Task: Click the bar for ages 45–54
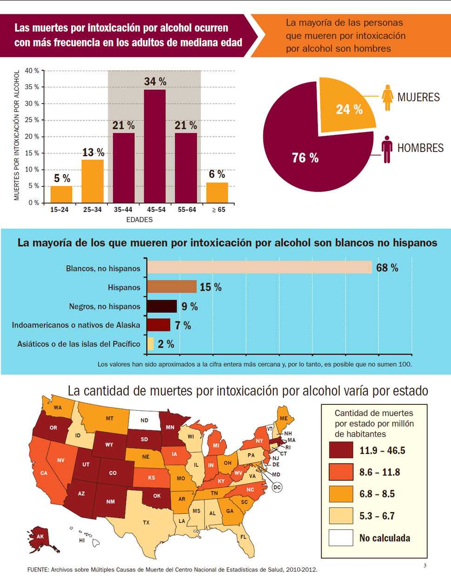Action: [x=155, y=146]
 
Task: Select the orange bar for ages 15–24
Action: [x=61, y=194]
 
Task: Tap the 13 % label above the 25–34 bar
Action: [x=93, y=152]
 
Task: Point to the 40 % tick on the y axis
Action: [x=32, y=71]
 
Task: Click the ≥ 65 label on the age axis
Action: [x=218, y=210]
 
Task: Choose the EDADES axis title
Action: [x=139, y=219]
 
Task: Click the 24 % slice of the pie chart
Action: [x=346, y=107]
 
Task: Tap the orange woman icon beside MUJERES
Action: [x=387, y=98]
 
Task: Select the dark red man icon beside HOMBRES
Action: [x=387, y=149]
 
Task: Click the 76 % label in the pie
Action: [x=305, y=158]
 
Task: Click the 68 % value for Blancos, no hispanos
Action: [x=387, y=268]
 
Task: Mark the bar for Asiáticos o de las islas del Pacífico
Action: [x=150, y=344]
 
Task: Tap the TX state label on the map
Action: [x=146, y=522]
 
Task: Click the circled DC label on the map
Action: [x=277, y=487]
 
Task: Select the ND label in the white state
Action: [x=144, y=420]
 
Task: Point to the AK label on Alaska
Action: [x=40, y=536]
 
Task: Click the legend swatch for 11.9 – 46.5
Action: [x=341, y=450]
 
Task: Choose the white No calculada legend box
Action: [x=341, y=538]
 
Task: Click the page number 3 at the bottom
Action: [x=425, y=566]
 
